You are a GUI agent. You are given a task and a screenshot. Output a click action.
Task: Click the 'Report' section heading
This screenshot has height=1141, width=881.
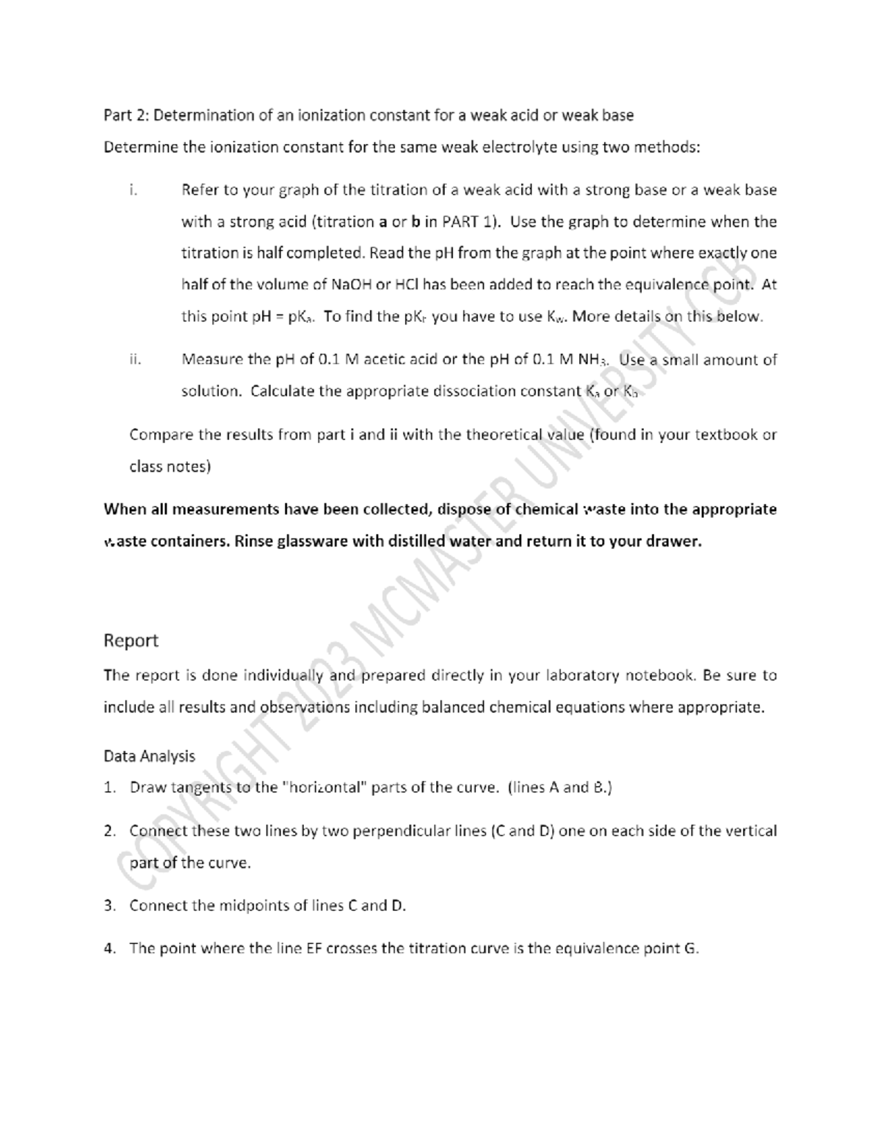[x=131, y=641]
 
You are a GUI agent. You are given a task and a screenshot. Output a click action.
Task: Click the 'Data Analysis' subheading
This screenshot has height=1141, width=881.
[x=149, y=756]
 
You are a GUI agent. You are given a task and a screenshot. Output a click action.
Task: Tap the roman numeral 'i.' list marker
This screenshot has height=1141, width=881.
[x=133, y=190]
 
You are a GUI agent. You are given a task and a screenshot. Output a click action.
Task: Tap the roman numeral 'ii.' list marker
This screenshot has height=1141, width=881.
[x=134, y=360]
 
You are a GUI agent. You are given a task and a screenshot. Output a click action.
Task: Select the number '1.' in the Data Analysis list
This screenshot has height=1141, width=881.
[x=110, y=788]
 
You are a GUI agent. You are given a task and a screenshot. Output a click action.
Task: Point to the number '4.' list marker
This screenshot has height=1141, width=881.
[x=110, y=949]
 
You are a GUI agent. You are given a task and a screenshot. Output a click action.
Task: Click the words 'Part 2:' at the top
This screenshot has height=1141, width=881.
[x=126, y=115]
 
